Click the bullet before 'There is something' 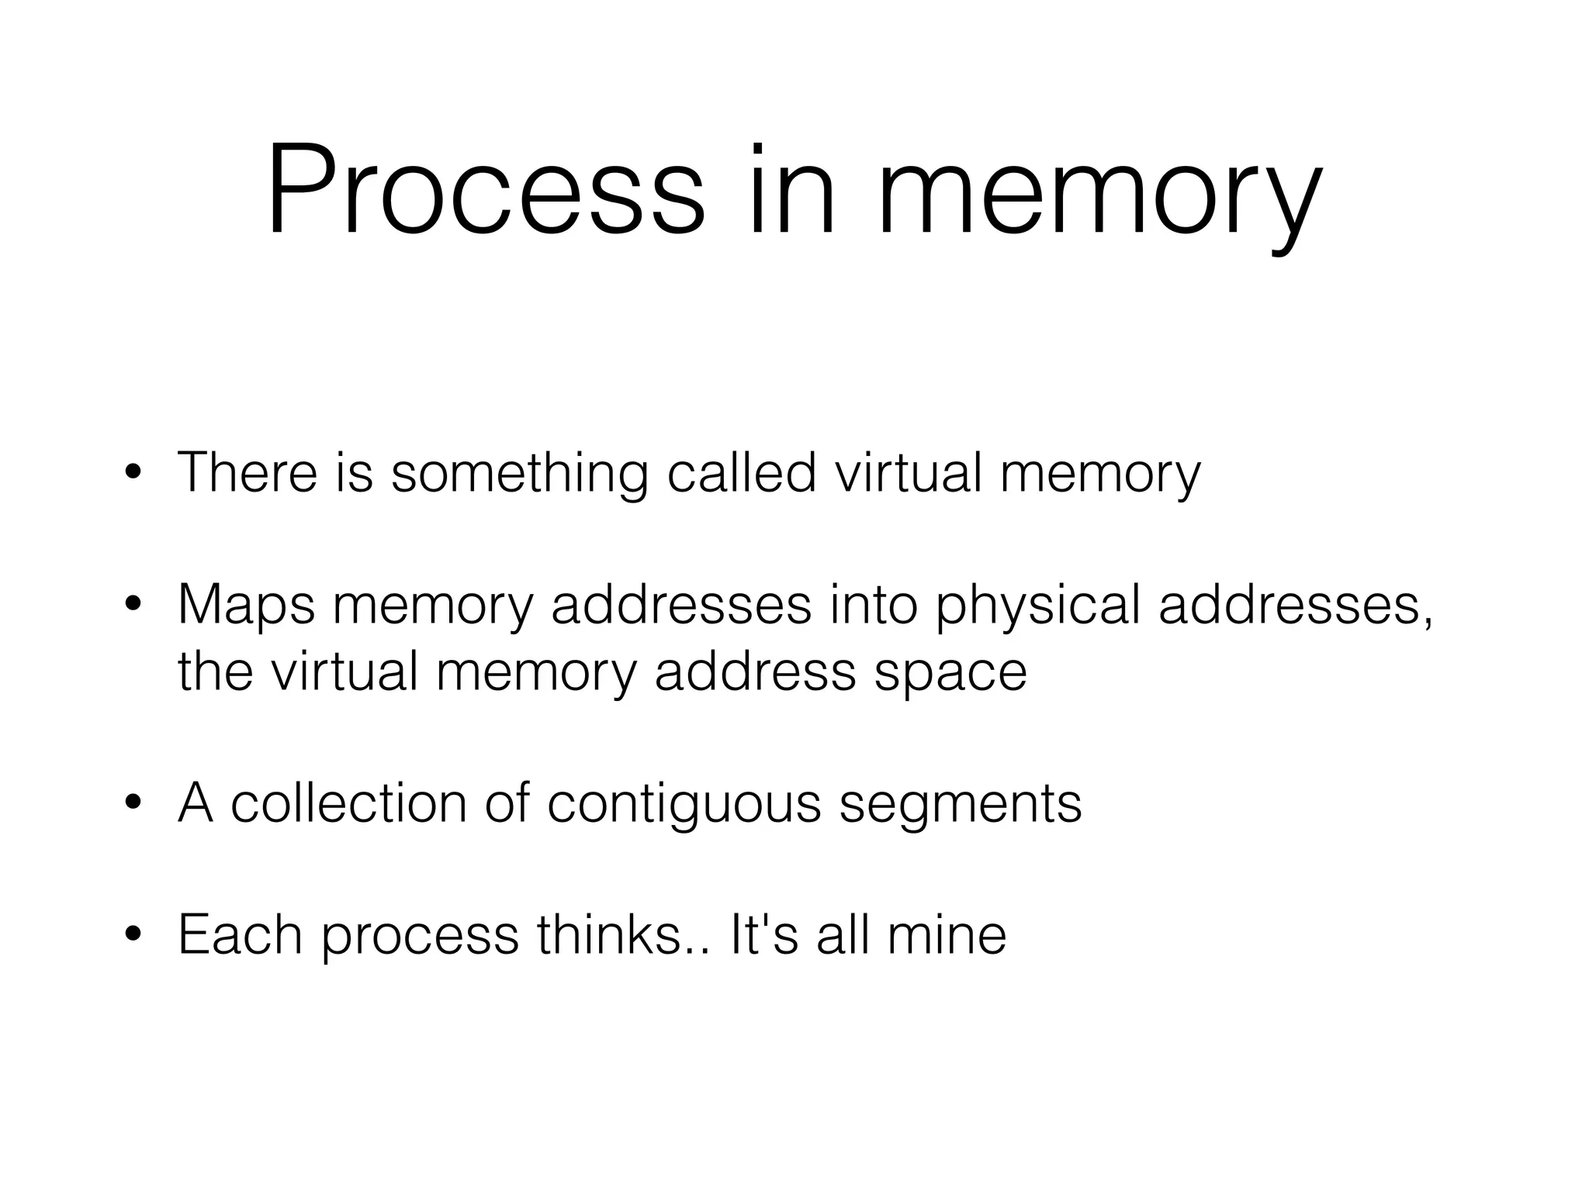click(133, 472)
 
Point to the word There click(248, 472)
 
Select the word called click(741, 472)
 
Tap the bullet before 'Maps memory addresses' click(133, 605)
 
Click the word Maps click(246, 605)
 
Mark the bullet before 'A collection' click(133, 803)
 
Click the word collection click(349, 803)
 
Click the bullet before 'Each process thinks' click(133, 935)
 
